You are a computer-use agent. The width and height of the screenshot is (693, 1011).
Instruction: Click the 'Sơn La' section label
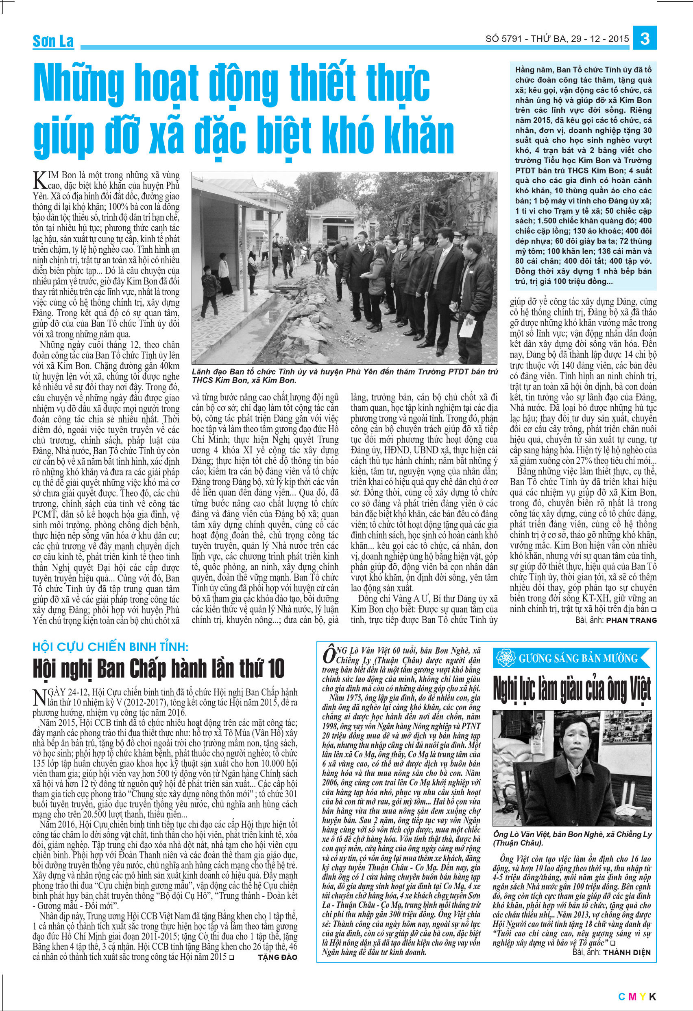[x=53, y=42]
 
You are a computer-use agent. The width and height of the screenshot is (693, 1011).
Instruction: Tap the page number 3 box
[x=645, y=39]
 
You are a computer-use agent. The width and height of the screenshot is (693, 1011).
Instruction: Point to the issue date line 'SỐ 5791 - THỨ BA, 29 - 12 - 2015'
[x=557, y=39]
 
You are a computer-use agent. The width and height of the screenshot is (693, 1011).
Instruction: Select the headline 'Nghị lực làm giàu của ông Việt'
[x=572, y=690]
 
